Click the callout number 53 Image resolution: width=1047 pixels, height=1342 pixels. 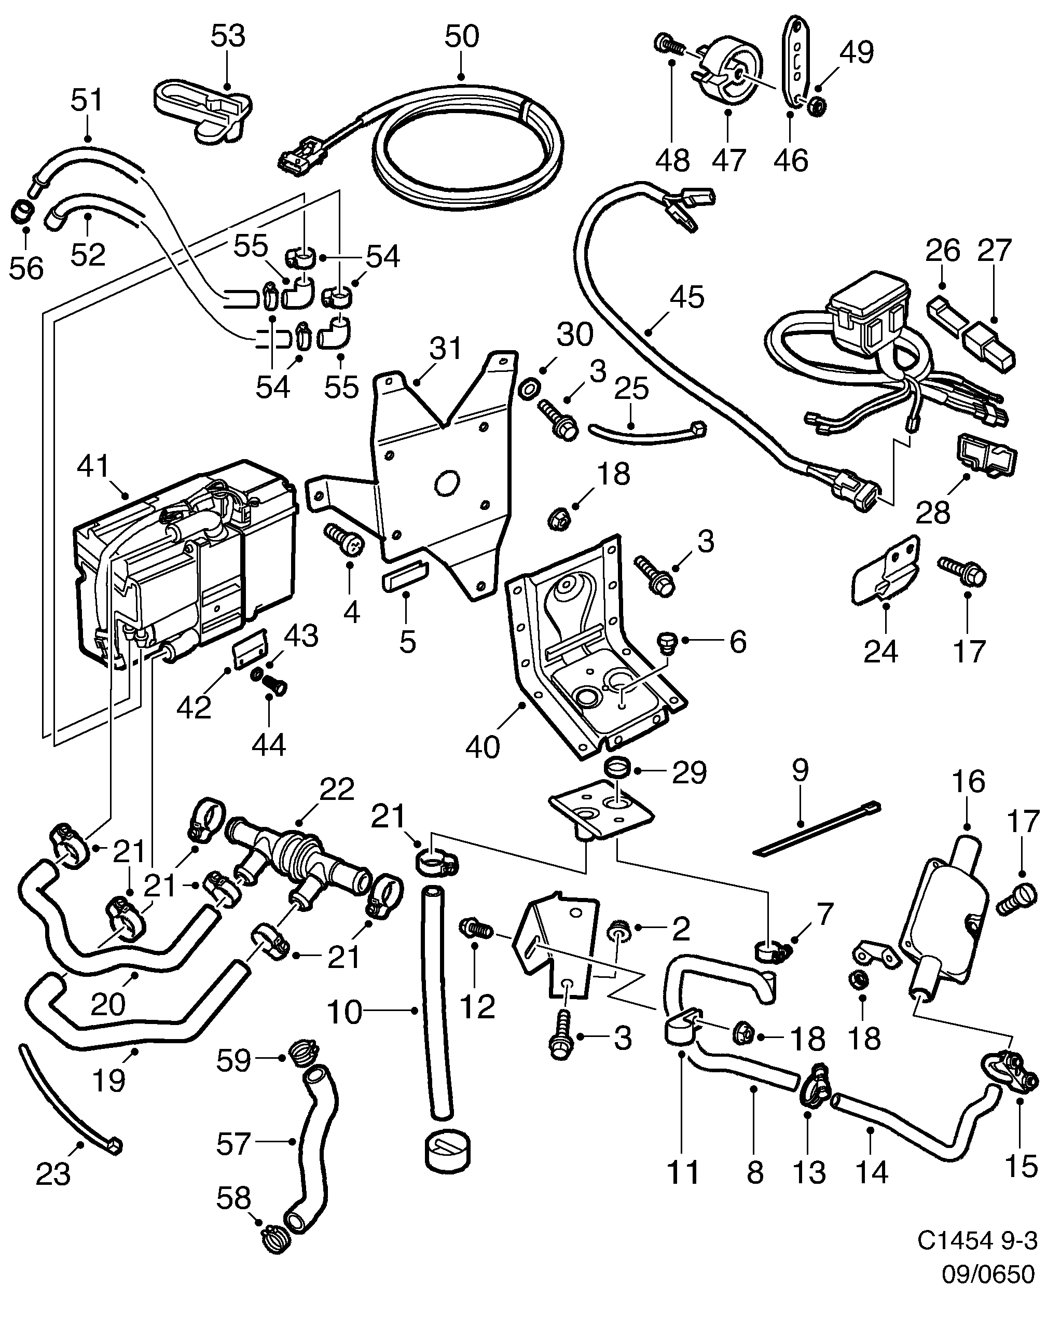point(228,36)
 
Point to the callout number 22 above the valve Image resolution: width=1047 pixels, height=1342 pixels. point(337,790)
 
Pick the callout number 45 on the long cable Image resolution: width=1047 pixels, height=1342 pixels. point(687,299)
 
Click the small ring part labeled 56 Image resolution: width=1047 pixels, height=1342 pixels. point(22,212)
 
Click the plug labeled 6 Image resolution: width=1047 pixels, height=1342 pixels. point(667,643)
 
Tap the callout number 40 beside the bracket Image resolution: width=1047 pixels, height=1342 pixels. point(483,746)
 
